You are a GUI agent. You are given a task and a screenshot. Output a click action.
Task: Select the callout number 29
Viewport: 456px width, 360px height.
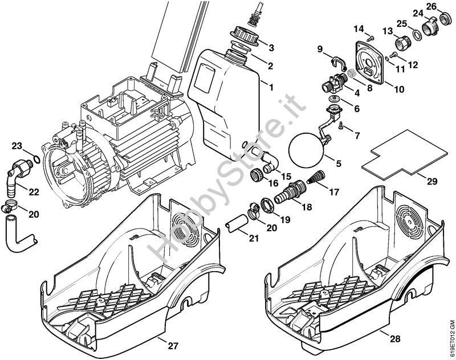431,181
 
